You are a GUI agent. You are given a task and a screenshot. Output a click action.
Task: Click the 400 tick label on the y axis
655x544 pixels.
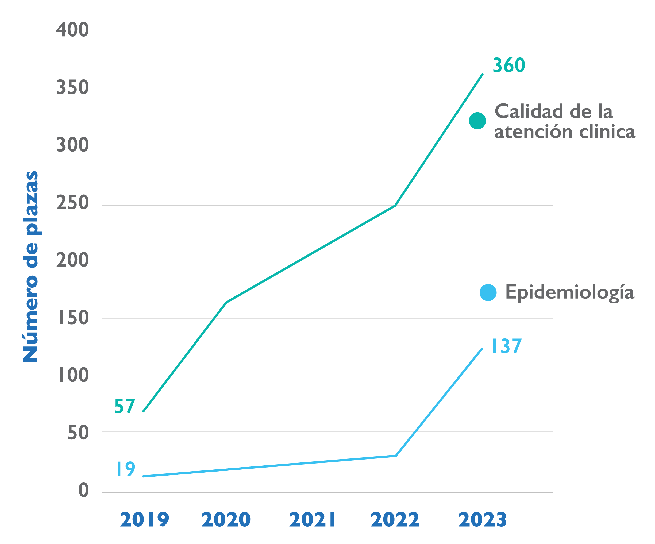click(72, 30)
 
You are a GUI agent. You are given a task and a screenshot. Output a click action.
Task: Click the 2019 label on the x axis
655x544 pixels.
click(144, 520)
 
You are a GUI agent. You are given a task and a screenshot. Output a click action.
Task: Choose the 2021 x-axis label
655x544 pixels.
click(313, 520)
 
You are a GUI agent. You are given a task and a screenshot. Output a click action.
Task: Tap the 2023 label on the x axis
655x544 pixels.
click(483, 520)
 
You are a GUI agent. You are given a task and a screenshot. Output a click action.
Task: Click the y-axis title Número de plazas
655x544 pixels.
click(30, 267)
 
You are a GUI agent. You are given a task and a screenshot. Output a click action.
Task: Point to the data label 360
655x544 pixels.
click(509, 65)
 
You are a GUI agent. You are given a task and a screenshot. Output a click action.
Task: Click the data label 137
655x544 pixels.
click(507, 346)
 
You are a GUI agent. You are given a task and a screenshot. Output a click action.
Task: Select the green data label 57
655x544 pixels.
click(125, 406)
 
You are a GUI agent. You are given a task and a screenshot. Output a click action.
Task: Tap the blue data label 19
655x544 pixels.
click(126, 469)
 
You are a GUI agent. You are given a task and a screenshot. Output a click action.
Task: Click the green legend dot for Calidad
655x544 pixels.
click(477, 121)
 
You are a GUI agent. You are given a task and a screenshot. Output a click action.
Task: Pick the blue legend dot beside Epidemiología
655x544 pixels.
click(488, 293)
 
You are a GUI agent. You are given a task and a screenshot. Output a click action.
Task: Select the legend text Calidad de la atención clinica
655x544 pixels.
click(565, 121)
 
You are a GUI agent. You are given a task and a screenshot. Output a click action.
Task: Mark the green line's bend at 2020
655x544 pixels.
click(226, 303)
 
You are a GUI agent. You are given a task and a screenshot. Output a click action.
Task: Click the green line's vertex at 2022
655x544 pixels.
click(395, 206)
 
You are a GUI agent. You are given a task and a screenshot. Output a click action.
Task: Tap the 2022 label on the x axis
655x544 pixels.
click(395, 520)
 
